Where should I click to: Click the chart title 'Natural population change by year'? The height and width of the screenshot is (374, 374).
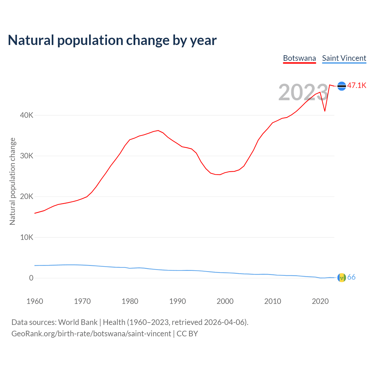[112, 40]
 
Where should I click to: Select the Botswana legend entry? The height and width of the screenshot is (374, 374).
[299, 58]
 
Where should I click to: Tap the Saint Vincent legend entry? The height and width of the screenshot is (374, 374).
[344, 58]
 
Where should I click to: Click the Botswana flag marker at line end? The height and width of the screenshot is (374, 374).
[342, 86]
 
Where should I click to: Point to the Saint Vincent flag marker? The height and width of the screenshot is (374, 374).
[342, 278]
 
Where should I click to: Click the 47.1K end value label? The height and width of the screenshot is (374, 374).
[356, 85]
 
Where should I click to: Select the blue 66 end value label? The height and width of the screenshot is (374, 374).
[351, 277]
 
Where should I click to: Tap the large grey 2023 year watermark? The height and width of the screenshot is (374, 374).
[303, 92]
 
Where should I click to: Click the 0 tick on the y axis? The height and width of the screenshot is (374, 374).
[31, 278]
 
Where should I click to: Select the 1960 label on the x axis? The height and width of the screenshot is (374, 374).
[35, 301]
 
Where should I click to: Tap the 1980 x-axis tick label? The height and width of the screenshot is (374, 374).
[130, 301]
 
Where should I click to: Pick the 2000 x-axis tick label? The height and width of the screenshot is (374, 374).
[225, 301]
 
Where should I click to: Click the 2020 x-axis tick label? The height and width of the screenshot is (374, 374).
[320, 301]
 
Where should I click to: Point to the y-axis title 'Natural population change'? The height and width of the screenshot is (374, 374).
[13, 181]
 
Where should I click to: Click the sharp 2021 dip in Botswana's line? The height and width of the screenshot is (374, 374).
[325, 111]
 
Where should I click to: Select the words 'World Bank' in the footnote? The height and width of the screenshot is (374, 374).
[78, 322]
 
